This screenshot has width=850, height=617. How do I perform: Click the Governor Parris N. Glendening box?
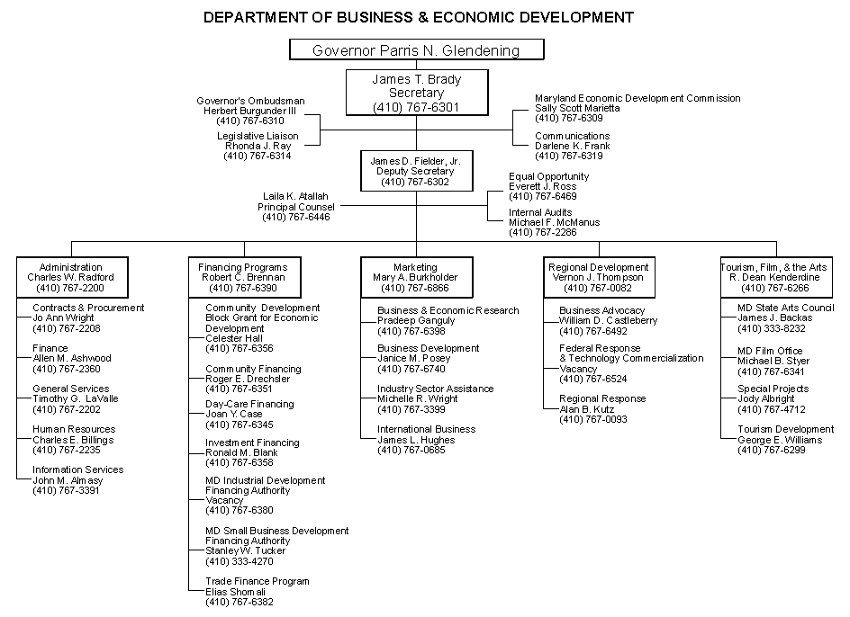(417, 49)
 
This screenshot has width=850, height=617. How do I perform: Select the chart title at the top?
(418, 17)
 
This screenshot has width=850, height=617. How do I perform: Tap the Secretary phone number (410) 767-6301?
(416, 107)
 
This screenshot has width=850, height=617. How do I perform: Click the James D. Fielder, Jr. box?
(415, 171)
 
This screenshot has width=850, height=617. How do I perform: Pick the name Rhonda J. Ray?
(258, 146)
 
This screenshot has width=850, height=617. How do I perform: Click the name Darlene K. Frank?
(573, 146)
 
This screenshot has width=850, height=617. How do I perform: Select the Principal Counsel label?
(295, 207)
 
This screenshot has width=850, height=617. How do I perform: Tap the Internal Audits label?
(541, 213)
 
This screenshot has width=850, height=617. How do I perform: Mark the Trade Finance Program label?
(257, 582)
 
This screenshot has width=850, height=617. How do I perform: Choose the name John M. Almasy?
(68, 480)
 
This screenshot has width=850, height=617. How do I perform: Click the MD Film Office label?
(770, 351)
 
